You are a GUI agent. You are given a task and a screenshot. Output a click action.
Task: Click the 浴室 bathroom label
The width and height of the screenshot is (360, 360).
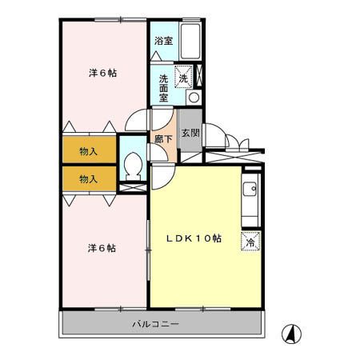[163, 40]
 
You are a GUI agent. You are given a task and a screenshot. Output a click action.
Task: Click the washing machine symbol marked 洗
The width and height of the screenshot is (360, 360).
[184, 77]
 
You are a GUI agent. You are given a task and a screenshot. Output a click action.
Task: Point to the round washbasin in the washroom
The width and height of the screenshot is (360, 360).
[193, 97]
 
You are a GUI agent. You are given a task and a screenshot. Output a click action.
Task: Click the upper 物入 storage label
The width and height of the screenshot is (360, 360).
[89, 151]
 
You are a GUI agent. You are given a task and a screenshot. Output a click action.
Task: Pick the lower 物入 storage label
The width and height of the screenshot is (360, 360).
[89, 178]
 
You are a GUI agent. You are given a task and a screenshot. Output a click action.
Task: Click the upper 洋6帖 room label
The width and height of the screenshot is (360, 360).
[102, 73]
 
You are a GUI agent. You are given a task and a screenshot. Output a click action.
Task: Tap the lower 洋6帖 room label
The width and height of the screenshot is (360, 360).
[102, 248]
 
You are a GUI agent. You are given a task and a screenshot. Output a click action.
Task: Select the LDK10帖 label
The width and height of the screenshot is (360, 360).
[194, 238]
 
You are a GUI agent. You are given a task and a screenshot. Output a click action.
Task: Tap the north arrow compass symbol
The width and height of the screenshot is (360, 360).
[294, 334]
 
